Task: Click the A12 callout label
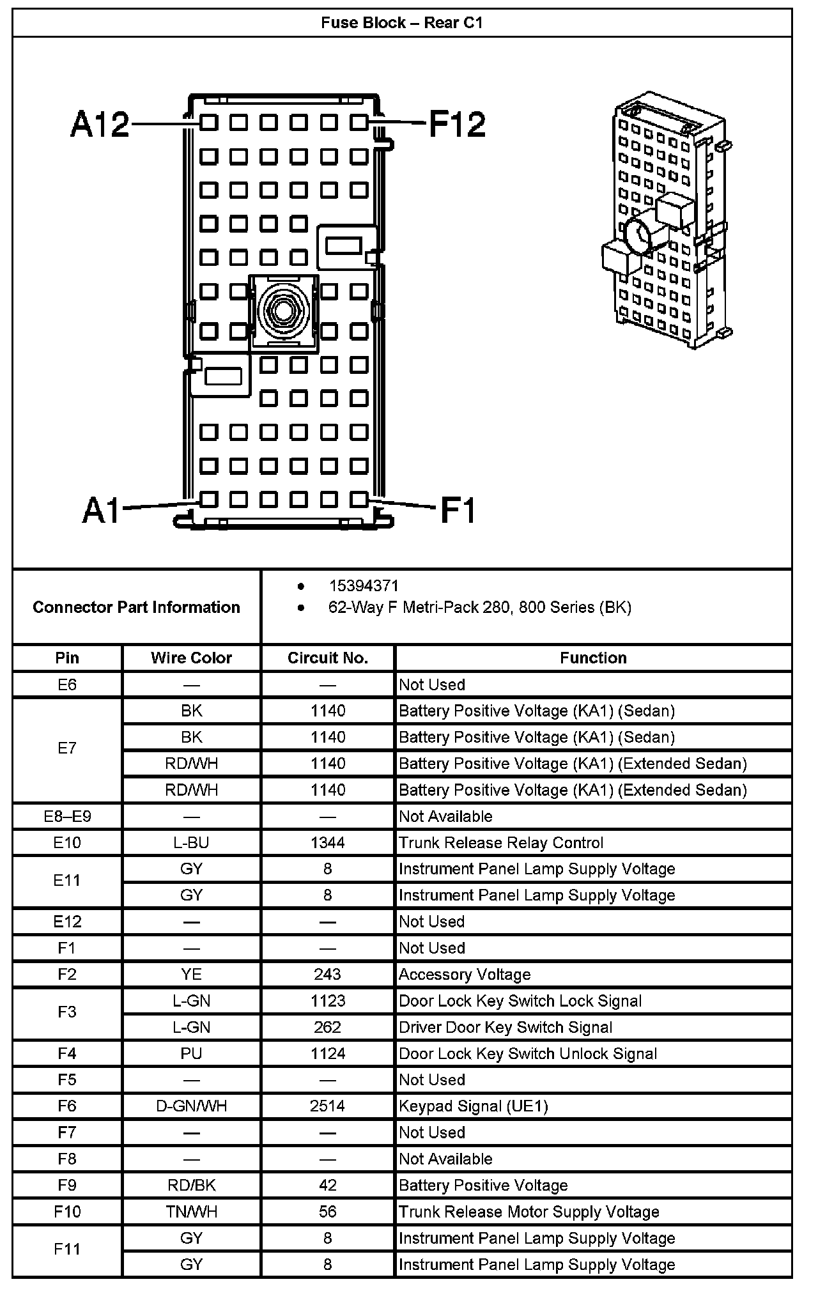coord(100,124)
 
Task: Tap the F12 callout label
coord(457,124)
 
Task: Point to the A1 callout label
coord(102,511)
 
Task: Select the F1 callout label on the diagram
coord(458,511)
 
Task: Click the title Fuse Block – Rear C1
coord(402,24)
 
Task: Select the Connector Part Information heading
coord(136,607)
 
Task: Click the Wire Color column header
coord(191,658)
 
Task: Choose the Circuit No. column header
coord(328,658)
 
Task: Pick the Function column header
coord(593,658)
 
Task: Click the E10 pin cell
coord(67,843)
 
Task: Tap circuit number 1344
coord(328,843)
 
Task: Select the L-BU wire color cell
coord(191,843)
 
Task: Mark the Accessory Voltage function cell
coord(465,975)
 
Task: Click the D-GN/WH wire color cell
coord(191,1106)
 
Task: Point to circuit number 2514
coord(328,1106)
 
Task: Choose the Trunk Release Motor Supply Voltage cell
coord(529,1212)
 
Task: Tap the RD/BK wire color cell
coord(191,1186)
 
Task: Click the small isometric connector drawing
coord(667,220)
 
